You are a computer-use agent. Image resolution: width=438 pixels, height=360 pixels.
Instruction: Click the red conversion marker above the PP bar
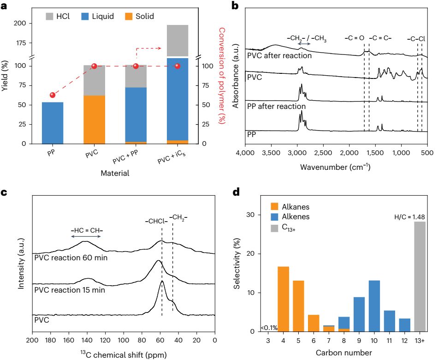(53, 95)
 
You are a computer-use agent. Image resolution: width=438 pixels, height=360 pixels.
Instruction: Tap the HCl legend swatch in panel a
(50, 16)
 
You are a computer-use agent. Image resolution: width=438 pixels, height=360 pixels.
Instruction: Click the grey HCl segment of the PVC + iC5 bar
(178, 41)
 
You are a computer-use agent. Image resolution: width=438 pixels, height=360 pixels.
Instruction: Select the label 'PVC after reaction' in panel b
(279, 55)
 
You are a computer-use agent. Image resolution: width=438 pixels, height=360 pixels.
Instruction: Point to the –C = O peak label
(354, 38)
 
